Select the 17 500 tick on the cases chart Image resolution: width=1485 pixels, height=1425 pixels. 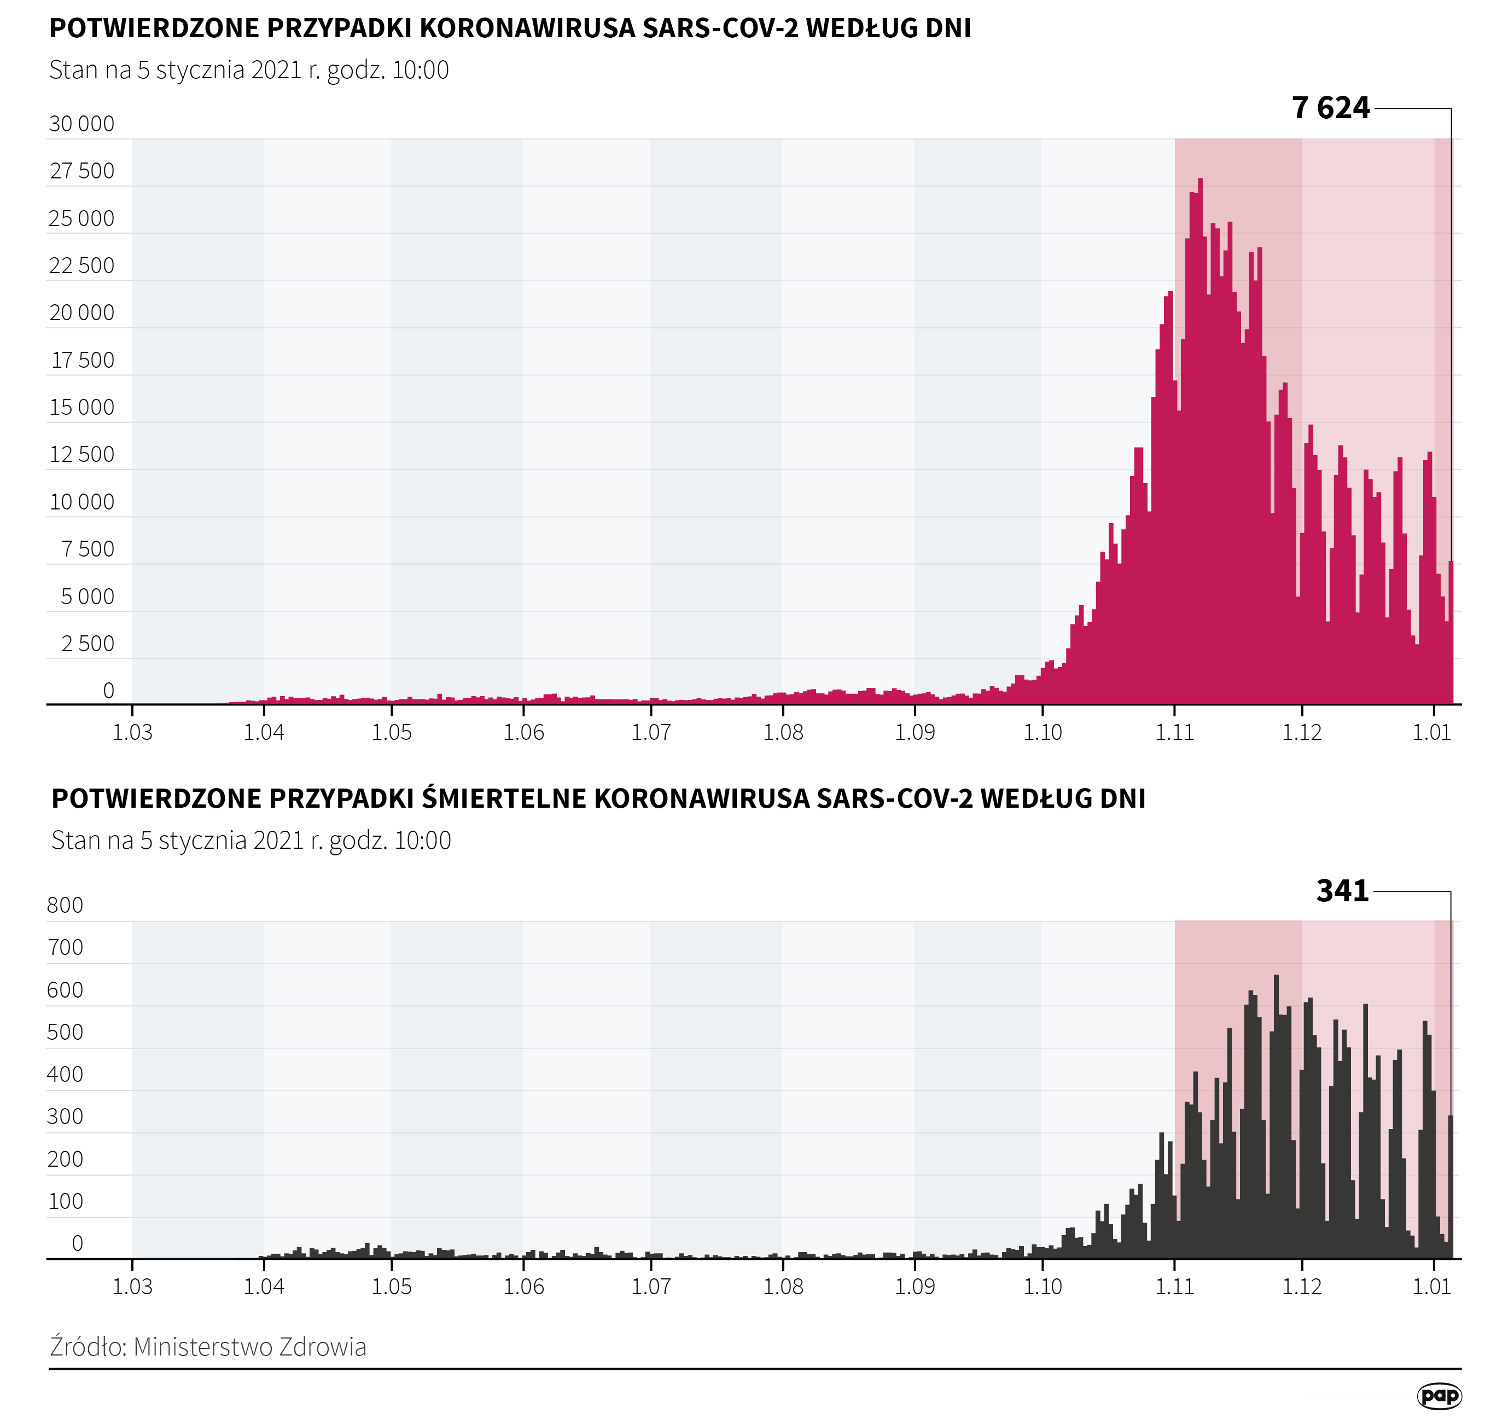(x=82, y=360)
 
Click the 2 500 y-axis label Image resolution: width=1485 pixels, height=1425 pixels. (x=87, y=644)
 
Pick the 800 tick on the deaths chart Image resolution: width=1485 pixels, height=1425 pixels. (x=65, y=905)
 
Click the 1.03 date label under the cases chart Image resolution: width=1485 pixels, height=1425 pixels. (x=132, y=732)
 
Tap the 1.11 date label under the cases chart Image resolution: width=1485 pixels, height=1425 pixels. (x=1174, y=732)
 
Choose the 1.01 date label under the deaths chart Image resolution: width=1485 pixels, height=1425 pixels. (x=1431, y=1287)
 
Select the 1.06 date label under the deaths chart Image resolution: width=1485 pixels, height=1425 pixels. (x=523, y=1287)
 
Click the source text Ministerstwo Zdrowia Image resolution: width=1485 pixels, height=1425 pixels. (x=250, y=1347)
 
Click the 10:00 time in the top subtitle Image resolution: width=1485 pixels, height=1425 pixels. (x=421, y=69)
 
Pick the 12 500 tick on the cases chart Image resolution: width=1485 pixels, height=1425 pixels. (x=82, y=454)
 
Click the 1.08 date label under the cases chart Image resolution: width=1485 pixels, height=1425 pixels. (x=783, y=732)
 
